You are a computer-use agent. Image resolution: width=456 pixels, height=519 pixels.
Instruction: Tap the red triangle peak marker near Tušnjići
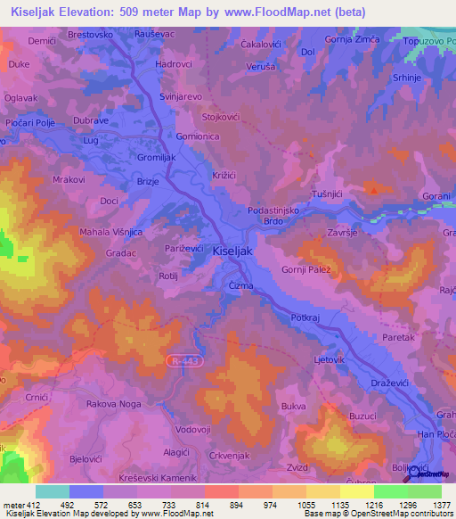375,189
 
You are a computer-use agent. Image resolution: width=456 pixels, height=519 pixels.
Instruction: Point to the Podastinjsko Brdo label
278,216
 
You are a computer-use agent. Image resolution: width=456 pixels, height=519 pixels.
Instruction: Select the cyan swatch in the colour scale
52,491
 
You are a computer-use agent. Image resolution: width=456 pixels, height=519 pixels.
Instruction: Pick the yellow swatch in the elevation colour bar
356,491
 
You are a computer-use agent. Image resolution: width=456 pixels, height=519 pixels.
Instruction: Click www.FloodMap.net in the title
289,12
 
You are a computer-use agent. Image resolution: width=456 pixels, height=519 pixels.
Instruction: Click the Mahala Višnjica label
111,231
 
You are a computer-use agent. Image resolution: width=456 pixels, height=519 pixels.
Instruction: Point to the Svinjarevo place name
183,94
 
